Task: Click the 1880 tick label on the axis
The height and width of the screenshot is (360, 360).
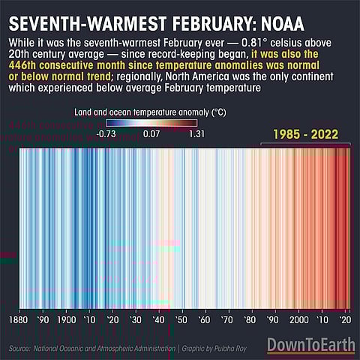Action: (x=19, y=319)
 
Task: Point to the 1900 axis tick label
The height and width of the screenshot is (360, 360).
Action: (x=67, y=319)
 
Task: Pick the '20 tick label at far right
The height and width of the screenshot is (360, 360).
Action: (x=346, y=319)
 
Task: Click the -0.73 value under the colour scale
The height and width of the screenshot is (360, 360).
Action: (x=108, y=134)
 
